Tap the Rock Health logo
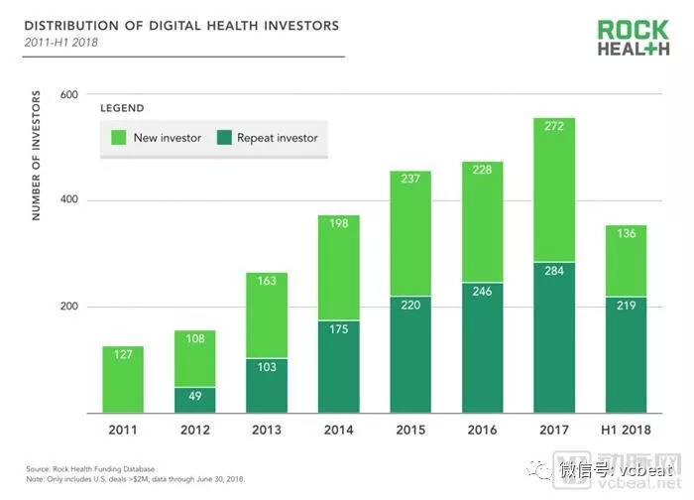633,39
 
